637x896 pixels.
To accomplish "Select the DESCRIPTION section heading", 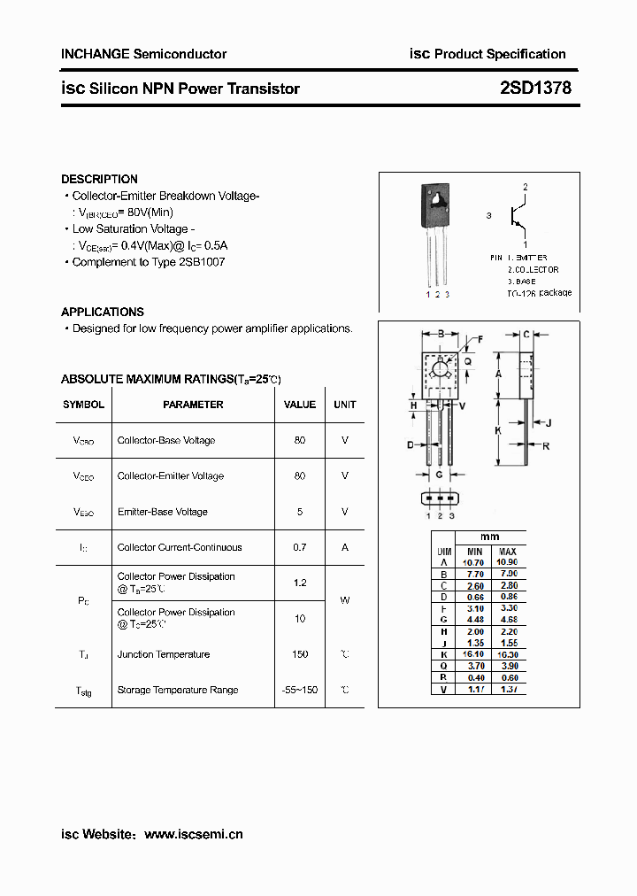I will coord(99,179).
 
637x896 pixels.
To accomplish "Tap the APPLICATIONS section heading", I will coord(103,312).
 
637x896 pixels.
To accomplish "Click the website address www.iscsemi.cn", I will coord(193,834).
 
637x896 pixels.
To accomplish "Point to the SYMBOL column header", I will coord(83,405).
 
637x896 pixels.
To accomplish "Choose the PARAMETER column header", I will coord(193,405).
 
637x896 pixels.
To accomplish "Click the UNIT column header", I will coord(345,405).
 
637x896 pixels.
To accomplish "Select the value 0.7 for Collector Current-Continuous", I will coord(300,547).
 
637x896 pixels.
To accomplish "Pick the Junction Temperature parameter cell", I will coord(164,654).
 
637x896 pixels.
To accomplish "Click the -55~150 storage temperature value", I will coord(300,690).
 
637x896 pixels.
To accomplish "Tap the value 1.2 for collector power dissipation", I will coord(300,583).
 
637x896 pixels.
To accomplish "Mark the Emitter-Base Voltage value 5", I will coord(300,512).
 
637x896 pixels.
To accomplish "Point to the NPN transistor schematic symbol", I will coord(515,215).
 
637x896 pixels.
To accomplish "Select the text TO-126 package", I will coord(539,292).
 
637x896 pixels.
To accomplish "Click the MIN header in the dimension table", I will coord(473,551).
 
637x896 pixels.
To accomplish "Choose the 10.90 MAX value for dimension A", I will coord(508,562).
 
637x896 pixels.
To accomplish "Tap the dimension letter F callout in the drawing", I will coord(480,339).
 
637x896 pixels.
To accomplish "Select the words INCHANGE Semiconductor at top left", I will coord(143,54).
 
